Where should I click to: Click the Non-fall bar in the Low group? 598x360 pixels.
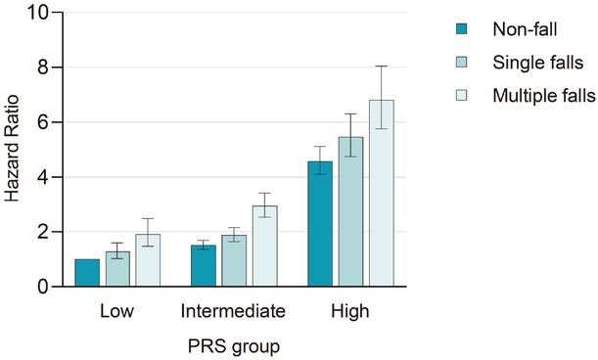[x=87, y=273]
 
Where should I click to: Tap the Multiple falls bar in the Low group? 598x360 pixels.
[x=147, y=260]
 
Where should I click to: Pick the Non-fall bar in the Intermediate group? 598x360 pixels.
[x=203, y=266]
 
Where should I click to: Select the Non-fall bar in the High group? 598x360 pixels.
[x=320, y=224]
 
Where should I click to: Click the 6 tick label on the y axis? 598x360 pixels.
[x=41, y=122]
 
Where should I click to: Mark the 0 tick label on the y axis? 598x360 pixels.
[x=41, y=287]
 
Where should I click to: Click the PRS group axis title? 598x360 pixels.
[x=232, y=345]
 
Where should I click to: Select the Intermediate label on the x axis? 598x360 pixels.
[x=233, y=312]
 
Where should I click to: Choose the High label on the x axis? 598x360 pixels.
[x=349, y=312]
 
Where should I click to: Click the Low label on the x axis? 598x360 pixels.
[x=117, y=312]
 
